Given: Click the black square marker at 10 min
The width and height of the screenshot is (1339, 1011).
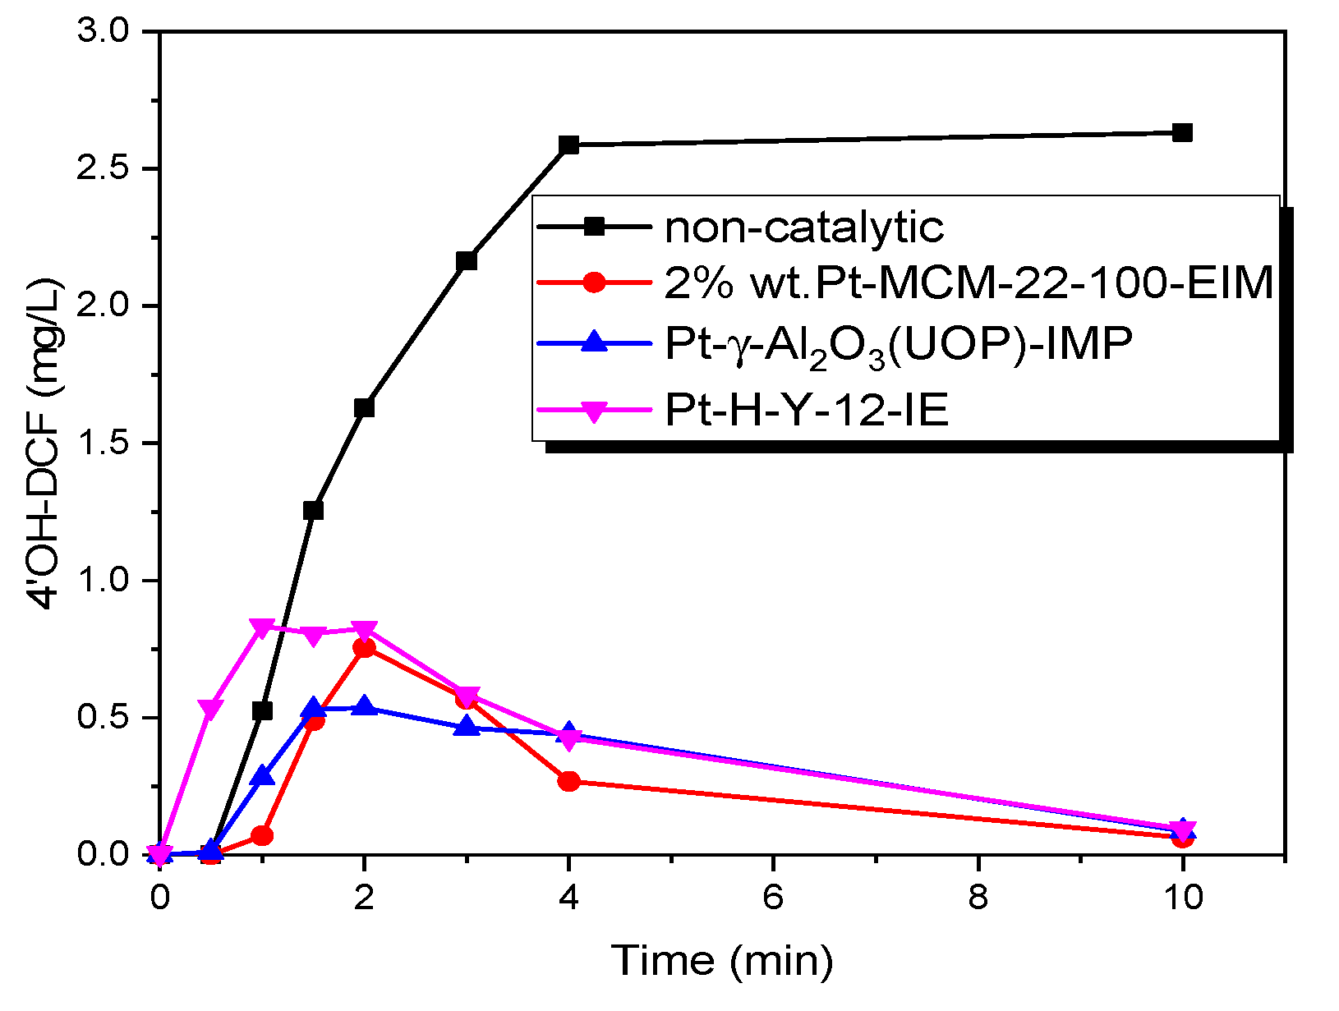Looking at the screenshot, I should [1182, 132].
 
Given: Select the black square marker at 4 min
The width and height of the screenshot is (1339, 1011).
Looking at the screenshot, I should [568, 145].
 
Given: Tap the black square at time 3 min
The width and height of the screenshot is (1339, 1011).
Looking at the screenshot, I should [467, 260].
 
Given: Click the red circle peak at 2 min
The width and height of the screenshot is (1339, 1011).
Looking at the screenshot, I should [364, 648].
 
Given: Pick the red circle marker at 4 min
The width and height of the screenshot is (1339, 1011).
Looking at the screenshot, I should [568, 781].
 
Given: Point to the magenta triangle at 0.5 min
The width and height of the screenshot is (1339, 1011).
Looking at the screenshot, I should [211, 709].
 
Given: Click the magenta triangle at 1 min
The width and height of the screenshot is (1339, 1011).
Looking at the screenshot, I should [262, 628].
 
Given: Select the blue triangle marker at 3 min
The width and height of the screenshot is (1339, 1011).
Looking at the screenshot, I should [467, 726].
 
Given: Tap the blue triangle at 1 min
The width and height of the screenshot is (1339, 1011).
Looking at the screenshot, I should [262, 775].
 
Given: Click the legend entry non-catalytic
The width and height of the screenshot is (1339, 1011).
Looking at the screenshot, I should [803, 227].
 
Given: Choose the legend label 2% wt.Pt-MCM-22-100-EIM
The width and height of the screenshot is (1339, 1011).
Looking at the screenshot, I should [969, 283].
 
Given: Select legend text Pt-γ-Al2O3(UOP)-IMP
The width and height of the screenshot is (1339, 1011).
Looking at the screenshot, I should [898, 343].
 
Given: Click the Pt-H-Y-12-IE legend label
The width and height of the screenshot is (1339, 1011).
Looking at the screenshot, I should [806, 409].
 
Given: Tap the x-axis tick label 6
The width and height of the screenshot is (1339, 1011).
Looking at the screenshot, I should [773, 897].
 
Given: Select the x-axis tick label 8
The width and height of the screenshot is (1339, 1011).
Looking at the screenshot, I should [978, 897].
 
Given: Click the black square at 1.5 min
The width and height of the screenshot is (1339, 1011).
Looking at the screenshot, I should [313, 510].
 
